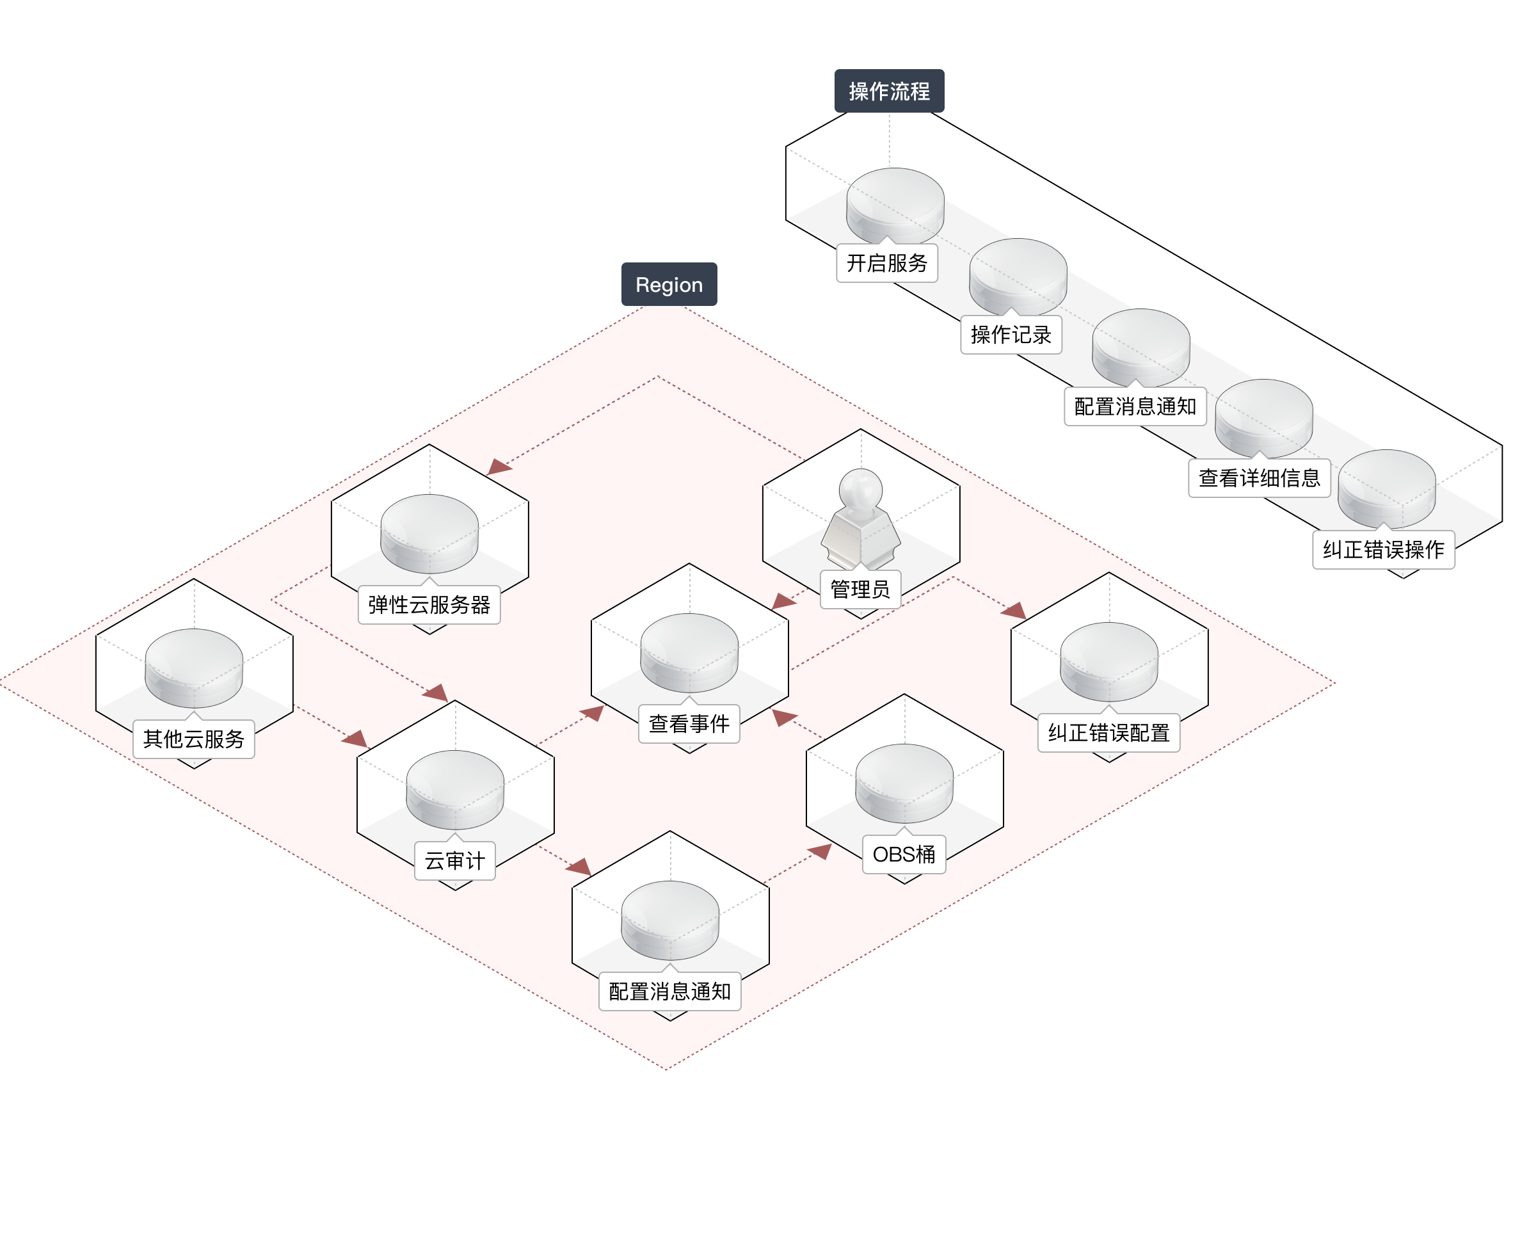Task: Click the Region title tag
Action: [669, 284]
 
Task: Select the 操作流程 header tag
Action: [889, 91]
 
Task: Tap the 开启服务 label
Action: [887, 263]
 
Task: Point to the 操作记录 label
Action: [1011, 334]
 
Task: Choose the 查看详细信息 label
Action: [1259, 477]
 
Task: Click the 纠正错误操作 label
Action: [1384, 549]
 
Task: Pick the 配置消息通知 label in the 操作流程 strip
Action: [1135, 406]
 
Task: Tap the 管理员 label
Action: [860, 589]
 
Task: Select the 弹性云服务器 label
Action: [429, 605]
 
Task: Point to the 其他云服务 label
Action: [194, 739]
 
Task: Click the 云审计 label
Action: [454, 861]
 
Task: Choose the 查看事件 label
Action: [689, 724]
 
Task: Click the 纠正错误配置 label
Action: [1108, 732]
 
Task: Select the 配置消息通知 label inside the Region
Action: [669, 991]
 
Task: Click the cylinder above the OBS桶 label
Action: [904, 783]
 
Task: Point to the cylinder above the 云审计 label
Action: [454, 789]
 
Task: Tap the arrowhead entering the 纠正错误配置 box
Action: [1014, 611]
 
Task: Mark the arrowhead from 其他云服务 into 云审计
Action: [356, 738]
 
